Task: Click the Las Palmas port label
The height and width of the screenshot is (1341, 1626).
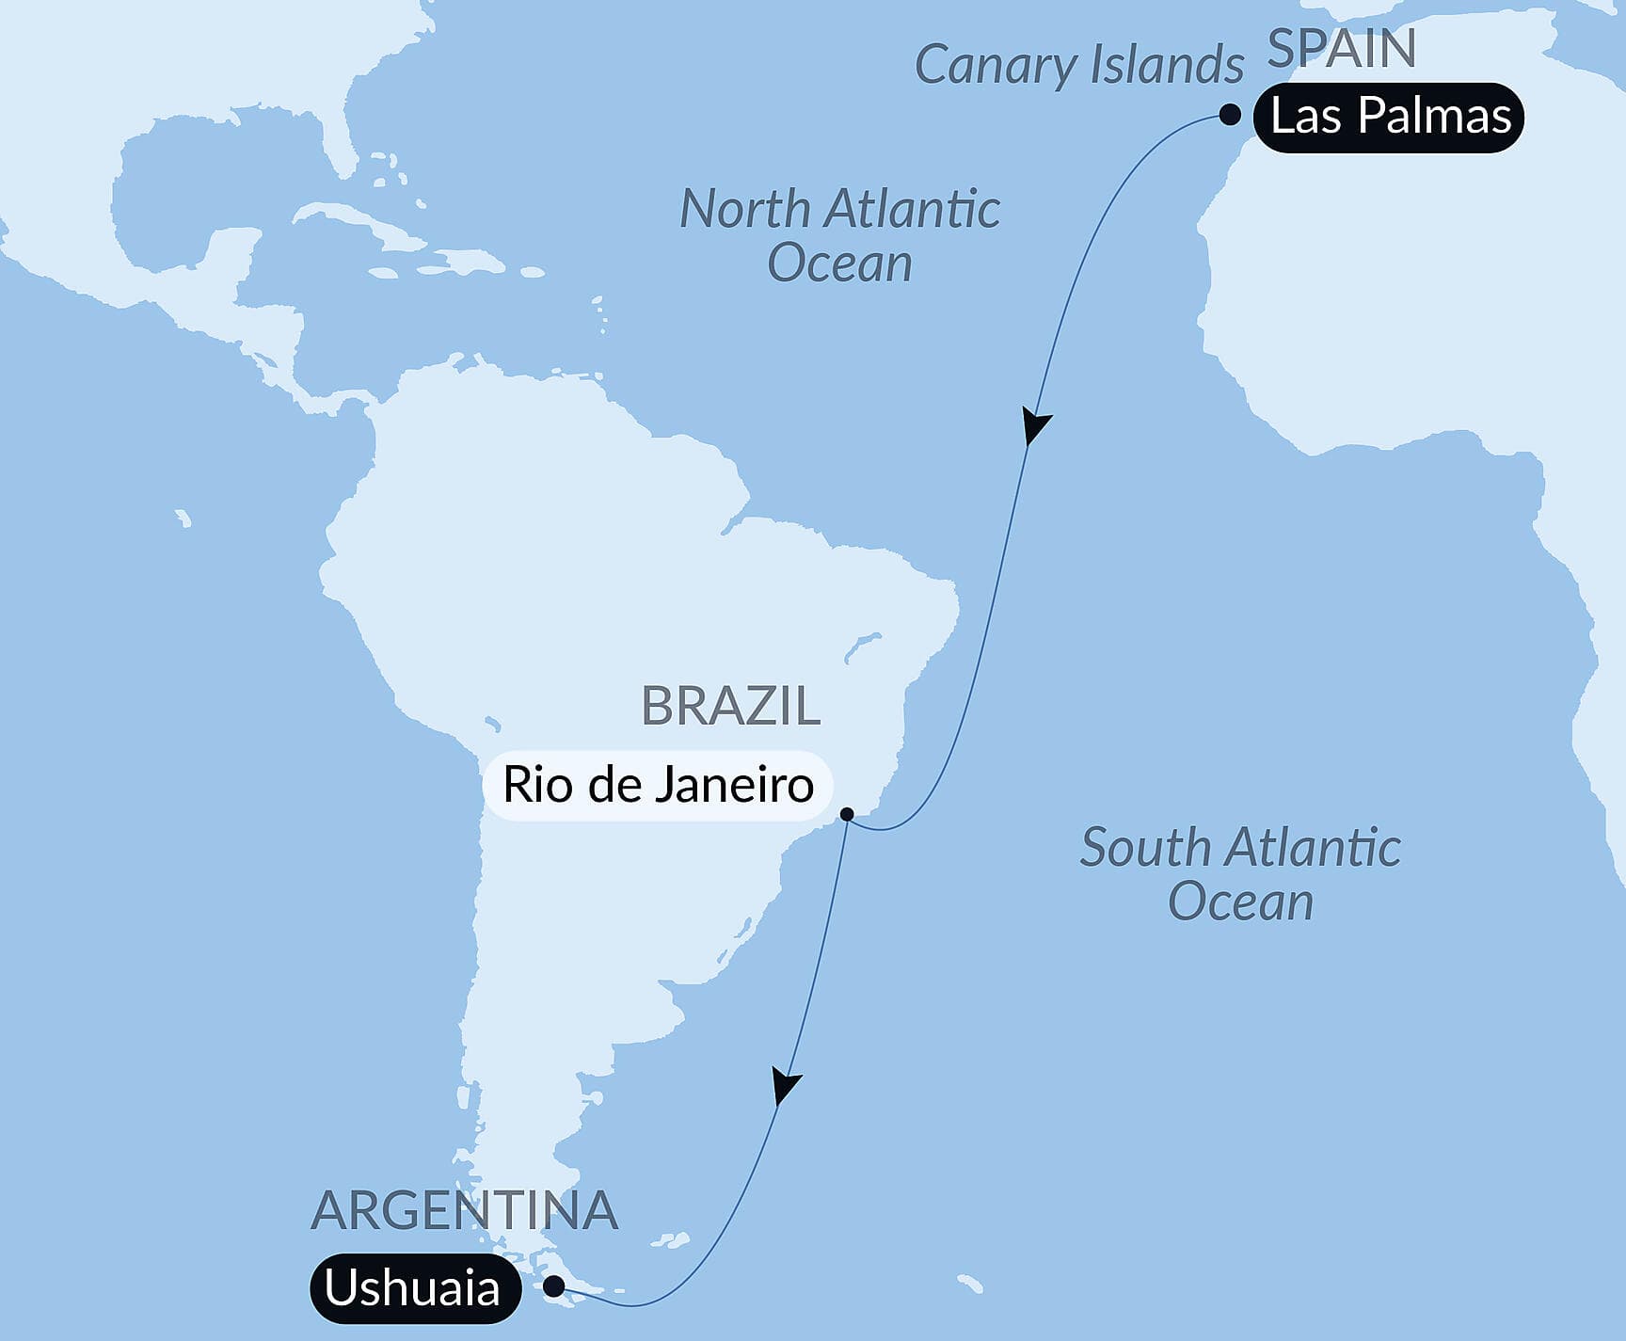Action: tap(1390, 118)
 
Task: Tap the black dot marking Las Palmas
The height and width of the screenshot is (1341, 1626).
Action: tap(1230, 116)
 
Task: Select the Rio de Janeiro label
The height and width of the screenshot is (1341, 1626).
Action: tap(658, 785)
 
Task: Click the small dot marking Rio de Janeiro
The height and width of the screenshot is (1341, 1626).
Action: tap(847, 814)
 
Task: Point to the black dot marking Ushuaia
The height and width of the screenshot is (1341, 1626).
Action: tap(555, 1285)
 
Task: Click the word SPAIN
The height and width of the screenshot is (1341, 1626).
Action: tap(1341, 49)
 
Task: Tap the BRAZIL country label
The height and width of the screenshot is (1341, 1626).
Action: tap(730, 706)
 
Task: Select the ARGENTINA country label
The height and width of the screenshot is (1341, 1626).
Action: tap(464, 1210)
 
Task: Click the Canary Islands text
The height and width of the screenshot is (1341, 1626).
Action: tap(1079, 66)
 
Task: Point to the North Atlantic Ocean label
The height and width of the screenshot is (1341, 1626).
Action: tap(839, 235)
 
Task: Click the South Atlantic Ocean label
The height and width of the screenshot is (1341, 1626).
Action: tap(1240, 874)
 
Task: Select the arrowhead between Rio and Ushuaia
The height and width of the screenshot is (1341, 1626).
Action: tap(786, 1086)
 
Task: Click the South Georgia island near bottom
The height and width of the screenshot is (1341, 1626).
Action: tap(969, 1284)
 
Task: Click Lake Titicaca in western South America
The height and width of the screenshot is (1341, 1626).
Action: tap(490, 724)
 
